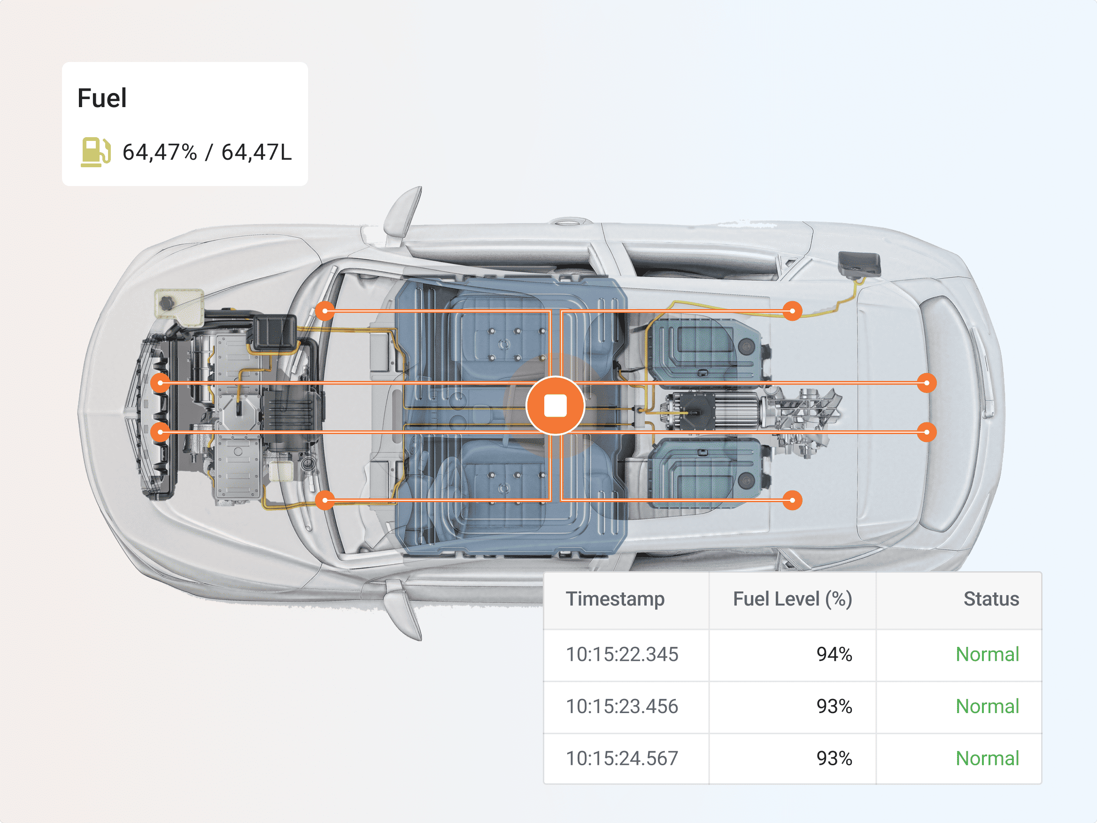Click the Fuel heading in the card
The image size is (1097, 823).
(102, 98)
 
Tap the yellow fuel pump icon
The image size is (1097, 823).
(96, 152)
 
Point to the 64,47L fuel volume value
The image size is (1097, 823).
(256, 152)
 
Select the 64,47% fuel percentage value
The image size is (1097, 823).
(160, 152)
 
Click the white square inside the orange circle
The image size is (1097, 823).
(556, 406)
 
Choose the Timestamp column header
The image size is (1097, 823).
(615, 599)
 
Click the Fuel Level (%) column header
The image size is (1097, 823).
(793, 599)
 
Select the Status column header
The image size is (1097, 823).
(991, 599)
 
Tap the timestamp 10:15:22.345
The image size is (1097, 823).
(622, 654)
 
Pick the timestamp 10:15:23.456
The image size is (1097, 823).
(622, 707)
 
